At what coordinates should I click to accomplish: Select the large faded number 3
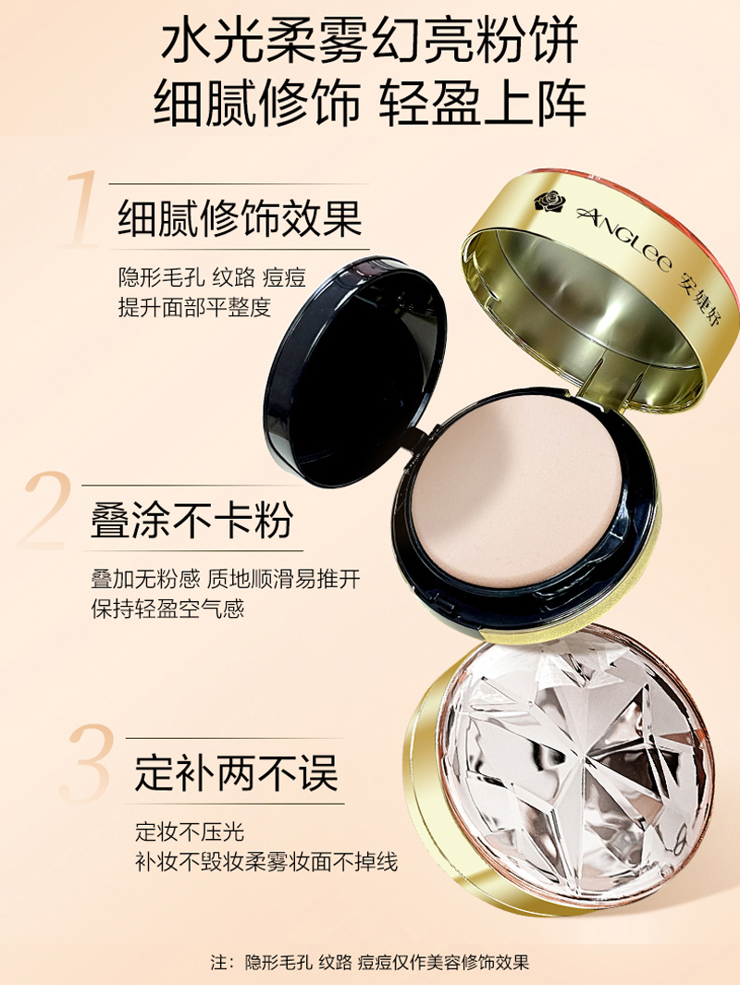[x=88, y=763]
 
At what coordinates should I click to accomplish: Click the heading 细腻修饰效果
[x=240, y=218]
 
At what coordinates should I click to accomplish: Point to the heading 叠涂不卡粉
[x=192, y=519]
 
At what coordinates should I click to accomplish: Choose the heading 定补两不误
[x=236, y=772]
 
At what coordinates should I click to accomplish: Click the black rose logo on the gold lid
[x=549, y=202]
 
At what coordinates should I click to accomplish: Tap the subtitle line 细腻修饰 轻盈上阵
[x=369, y=103]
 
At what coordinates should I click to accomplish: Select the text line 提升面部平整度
[x=194, y=307]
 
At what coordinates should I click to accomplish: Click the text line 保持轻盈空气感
[x=167, y=608]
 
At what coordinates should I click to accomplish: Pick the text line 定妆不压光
[x=189, y=831]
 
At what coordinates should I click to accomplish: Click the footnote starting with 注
[x=369, y=962]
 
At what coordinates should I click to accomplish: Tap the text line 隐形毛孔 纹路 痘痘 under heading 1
[x=212, y=277]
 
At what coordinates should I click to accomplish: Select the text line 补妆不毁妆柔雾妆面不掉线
[x=266, y=862]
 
